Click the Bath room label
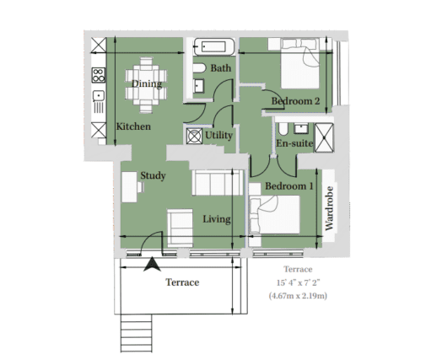click(x=221, y=68)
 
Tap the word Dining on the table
click(x=147, y=83)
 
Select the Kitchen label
click(x=133, y=126)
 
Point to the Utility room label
click(x=218, y=136)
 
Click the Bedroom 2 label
click(x=295, y=101)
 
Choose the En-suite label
click(x=294, y=143)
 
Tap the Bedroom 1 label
click(x=289, y=186)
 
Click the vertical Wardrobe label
click(x=329, y=208)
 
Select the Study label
click(x=153, y=175)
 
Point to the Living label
click(x=217, y=219)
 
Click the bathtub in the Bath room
click(x=214, y=46)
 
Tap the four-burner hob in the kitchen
click(x=99, y=75)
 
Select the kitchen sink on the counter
click(x=99, y=96)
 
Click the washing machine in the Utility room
click(x=195, y=137)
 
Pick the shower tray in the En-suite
click(x=324, y=137)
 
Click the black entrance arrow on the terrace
click(x=152, y=265)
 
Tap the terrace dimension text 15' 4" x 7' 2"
click(x=299, y=282)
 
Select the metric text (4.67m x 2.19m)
click(x=298, y=296)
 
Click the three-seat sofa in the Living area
click(x=218, y=183)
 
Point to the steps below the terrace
click(x=137, y=333)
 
